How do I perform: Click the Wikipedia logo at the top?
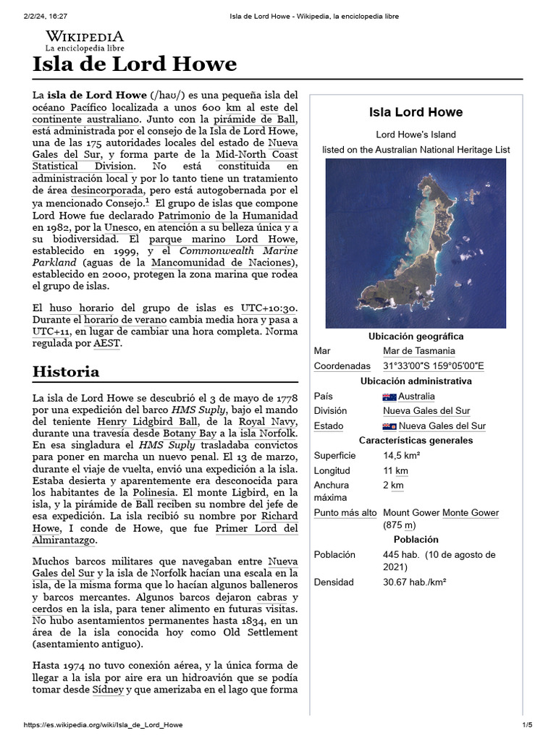click(x=85, y=41)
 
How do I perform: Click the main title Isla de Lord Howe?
click(x=135, y=64)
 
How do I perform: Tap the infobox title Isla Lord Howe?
click(x=416, y=112)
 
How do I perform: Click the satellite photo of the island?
click(x=415, y=243)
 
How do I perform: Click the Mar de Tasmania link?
click(x=419, y=351)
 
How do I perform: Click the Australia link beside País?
click(x=416, y=397)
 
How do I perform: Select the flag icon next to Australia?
click(x=389, y=397)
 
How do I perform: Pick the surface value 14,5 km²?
click(x=402, y=456)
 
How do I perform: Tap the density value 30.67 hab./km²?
click(x=414, y=582)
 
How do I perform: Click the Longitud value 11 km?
click(x=395, y=471)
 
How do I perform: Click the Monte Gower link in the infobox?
click(x=471, y=513)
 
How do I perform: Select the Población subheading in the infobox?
click(x=416, y=540)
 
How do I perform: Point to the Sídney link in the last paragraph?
click(x=106, y=690)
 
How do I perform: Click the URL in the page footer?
click(x=103, y=725)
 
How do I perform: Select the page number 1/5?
click(x=526, y=725)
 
